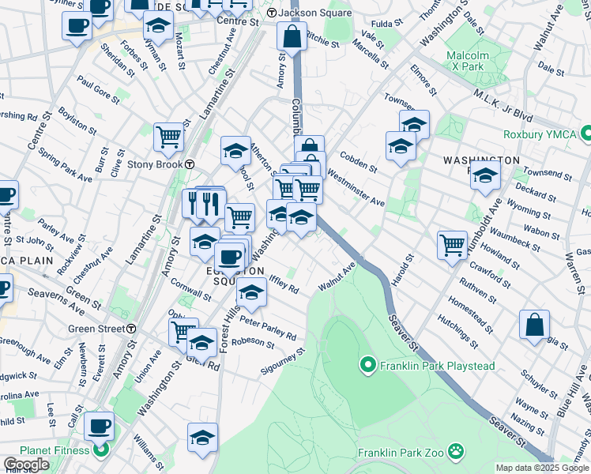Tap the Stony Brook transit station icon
click(190, 164)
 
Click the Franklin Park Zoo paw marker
click(456, 452)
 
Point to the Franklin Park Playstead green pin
click(367, 365)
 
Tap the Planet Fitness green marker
click(100, 452)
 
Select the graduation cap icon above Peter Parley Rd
click(252, 293)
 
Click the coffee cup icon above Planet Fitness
click(100, 427)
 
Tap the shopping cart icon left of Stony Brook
click(168, 137)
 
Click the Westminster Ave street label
click(355, 190)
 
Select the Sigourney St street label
click(284, 363)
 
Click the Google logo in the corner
click(26, 465)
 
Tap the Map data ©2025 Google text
click(541, 468)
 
